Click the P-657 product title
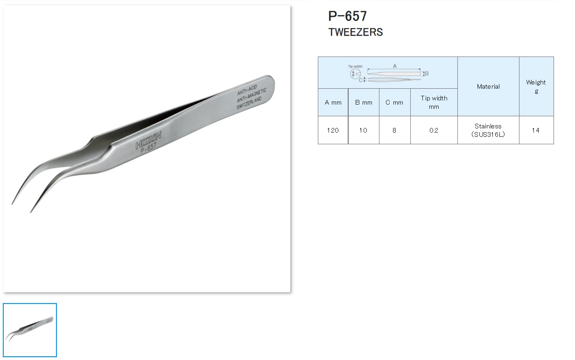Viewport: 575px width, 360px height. (x=348, y=16)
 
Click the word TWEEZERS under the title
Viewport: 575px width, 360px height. (x=356, y=32)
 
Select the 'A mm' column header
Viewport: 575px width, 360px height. (x=333, y=102)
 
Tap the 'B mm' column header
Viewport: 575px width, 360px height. (x=364, y=102)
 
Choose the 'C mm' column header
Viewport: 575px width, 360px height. (x=394, y=102)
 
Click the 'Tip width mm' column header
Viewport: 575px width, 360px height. (x=434, y=102)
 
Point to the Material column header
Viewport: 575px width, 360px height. (x=488, y=86)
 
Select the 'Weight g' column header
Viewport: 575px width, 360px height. (x=536, y=86)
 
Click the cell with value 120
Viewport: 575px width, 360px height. (x=333, y=130)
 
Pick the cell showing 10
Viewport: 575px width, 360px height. (x=363, y=130)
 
